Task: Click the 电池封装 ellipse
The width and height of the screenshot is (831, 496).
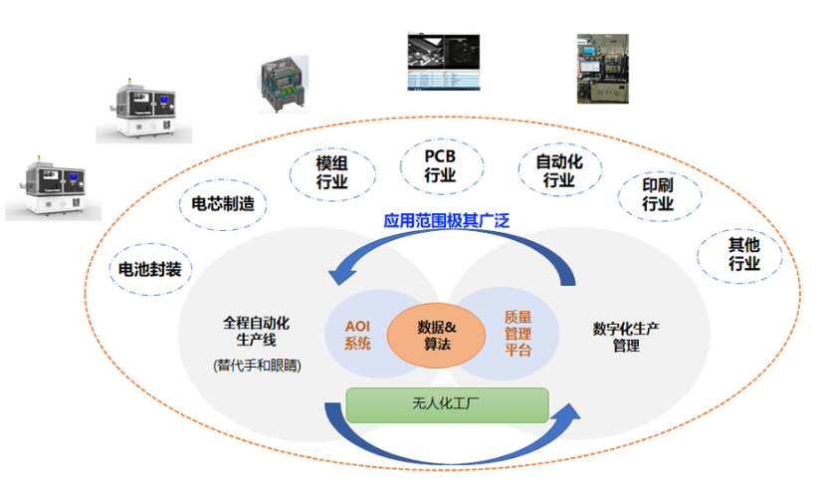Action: click(150, 269)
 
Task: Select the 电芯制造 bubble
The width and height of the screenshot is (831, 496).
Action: click(222, 204)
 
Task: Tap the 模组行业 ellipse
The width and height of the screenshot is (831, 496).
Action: click(331, 171)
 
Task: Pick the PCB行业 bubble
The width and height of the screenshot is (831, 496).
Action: click(440, 165)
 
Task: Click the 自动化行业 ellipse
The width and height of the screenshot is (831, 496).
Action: click(559, 170)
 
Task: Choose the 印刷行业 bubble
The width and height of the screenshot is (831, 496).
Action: click(658, 194)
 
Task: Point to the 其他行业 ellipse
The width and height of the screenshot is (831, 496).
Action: click(744, 255)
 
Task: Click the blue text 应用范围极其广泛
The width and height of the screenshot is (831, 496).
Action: click(447, 220)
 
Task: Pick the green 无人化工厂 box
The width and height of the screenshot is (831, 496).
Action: click(447, 404)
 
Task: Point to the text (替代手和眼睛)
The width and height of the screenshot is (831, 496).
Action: click(257, 366)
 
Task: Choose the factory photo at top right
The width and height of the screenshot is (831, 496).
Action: click(603, 69)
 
